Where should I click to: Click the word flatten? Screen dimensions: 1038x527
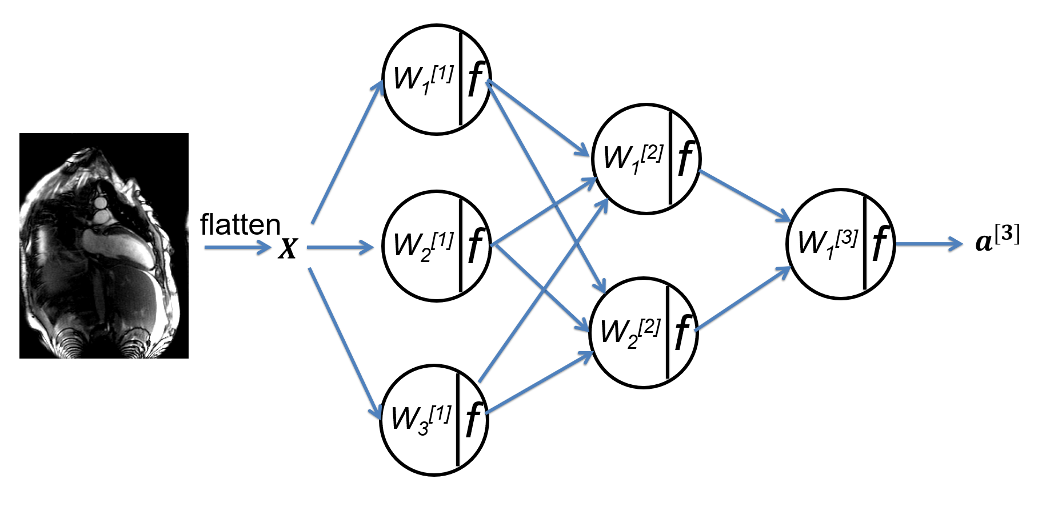tap(240, 224)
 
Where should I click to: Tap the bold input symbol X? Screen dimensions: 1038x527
tap(288, 248)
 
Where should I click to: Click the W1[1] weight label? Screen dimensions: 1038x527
tap(424, 79)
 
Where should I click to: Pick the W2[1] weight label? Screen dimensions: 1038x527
tap(424, 246)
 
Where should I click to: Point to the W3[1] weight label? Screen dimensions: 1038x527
tap(421, 420)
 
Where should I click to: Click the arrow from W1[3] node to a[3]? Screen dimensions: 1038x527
tap(929, 244)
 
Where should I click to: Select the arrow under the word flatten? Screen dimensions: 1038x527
tap(238, 248)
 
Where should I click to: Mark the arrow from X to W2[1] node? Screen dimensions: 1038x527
tap(341, 248)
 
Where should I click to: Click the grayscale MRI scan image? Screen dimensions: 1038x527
tap(104, 246)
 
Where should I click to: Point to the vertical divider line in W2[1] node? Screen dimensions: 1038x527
tap(460, 246)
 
